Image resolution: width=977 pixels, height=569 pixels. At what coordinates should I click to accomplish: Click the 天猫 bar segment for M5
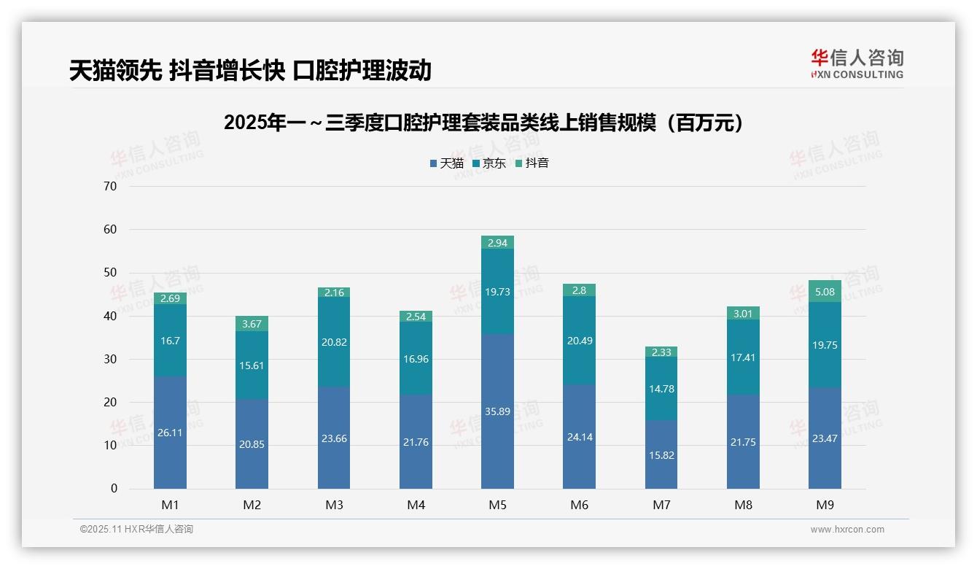pos(497,411)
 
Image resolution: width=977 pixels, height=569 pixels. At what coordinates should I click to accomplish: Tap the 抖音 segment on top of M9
pos(825,291)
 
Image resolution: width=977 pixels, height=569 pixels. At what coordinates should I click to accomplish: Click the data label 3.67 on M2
pos(252,323)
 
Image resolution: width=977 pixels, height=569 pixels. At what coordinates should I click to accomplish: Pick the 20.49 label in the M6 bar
pos(580,341)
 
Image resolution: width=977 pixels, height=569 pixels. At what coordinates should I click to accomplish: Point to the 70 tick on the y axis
pos(110,186)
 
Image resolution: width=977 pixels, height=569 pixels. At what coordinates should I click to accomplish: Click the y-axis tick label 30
pos(110,359)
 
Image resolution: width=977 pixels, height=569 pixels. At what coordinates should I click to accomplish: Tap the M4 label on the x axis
pos(416,505)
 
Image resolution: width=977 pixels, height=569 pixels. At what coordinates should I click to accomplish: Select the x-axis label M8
pos(743,505)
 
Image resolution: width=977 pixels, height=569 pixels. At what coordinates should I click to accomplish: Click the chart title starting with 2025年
pos(487,123)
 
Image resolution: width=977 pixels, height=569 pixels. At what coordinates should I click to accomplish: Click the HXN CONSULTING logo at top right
pos(857,64)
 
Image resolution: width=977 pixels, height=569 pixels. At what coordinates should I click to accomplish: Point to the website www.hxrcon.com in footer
pos(847,530)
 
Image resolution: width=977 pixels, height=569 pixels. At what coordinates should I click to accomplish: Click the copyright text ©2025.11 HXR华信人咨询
pos(136,530)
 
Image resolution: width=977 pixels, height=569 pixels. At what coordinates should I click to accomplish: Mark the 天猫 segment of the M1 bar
pos(170,432)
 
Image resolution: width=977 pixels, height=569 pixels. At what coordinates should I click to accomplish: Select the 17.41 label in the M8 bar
pos(743,358)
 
